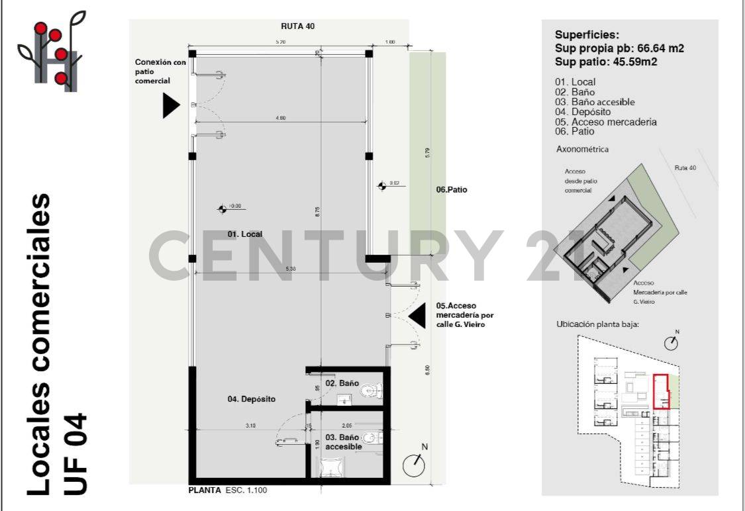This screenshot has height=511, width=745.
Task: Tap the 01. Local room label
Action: [x=245, y=234]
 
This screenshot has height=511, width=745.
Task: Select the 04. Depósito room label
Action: [x=251, y=399]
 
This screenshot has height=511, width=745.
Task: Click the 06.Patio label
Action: [x=452, y=190]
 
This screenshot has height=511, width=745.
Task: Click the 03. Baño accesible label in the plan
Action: [x=343, y=442]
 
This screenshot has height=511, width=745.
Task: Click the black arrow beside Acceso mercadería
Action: [x=417, y=316]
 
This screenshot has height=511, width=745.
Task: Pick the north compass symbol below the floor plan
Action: [x=415, y=465]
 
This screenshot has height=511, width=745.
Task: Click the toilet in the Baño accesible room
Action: [x=372, y=437]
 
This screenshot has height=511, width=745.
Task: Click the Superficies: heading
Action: [x=587, y=36]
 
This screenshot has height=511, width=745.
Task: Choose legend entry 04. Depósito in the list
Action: [x=583, y=112]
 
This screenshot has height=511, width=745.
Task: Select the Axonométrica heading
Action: [x=582, y=150]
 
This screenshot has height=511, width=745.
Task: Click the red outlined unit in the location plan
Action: [x=661, y=391]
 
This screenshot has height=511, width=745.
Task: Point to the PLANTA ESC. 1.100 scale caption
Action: [x=228, y=491]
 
